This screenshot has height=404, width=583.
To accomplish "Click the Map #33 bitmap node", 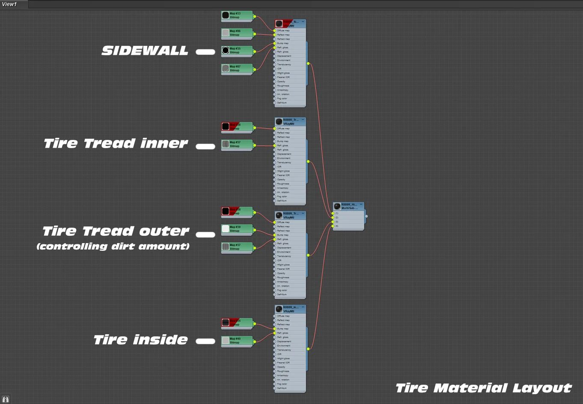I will coord(237,16).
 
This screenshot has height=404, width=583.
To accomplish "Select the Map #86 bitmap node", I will coord(237,33).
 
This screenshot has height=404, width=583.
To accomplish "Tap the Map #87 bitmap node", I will coord(237,68).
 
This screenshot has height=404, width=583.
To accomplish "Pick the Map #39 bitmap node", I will coord(237,229).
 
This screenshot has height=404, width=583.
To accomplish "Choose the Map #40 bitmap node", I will coord(237,341).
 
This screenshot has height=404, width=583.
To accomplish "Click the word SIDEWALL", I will coord(145,51).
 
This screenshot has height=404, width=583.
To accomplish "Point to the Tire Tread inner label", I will coord(116,143).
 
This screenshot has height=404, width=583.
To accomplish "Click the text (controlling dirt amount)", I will coord(113,247).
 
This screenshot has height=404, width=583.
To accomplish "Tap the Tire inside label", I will coord(140,340).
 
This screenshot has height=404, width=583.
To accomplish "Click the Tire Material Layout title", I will coord(483,388).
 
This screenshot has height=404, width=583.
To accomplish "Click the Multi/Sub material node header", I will coord(349,206).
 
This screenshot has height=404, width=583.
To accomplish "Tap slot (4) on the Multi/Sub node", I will coord(337,226).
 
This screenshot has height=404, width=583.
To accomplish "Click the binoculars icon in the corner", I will coord(6,399).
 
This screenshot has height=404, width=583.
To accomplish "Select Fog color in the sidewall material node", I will coord(282,98).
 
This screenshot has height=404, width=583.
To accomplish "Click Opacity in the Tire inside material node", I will coord(281,367).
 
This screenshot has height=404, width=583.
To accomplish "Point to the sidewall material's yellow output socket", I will coord(308,63).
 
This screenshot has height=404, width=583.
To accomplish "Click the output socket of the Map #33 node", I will coord(255,17).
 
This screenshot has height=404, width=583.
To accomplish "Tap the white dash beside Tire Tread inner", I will coord(205,146).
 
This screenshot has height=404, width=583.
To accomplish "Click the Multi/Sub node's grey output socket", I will coord(366,216).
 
